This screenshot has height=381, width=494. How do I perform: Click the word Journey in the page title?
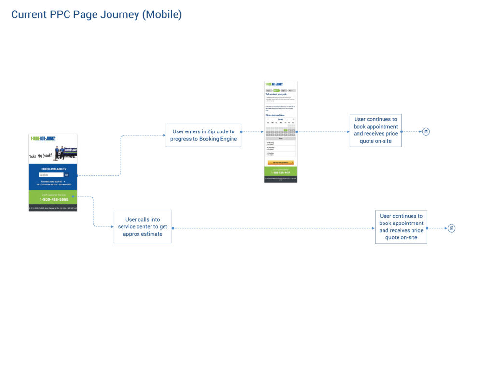[120, 15]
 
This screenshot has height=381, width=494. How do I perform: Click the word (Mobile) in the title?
[162, 15]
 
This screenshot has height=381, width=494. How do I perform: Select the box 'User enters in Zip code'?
[204, 135]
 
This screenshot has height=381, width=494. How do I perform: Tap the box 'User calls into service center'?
[142, 227]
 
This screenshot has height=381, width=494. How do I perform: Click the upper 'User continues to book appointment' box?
[375, 131]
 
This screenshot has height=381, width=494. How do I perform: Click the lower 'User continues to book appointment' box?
[401, 227]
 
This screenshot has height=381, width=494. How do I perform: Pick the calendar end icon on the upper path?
[426, 131]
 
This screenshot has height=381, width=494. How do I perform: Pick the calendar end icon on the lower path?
[452, 228]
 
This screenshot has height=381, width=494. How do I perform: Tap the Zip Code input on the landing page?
[50, 175]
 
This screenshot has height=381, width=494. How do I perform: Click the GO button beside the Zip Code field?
[66, 175]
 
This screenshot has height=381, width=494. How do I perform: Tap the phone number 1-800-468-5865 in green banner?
[54, 199]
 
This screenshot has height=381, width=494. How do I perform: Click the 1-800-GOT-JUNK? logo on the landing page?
[43, 139]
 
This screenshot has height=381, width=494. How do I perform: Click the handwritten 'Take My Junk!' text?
[41, 156]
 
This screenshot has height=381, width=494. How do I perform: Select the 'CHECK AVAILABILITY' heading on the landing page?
[53, 169]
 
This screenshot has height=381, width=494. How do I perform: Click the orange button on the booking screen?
[280, 163]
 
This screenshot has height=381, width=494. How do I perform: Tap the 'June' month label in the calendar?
[280, 119]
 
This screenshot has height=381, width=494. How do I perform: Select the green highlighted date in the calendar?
[286, 130]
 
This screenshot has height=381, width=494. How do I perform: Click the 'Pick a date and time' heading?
[275, 115]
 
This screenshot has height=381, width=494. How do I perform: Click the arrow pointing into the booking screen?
[261, 131]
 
